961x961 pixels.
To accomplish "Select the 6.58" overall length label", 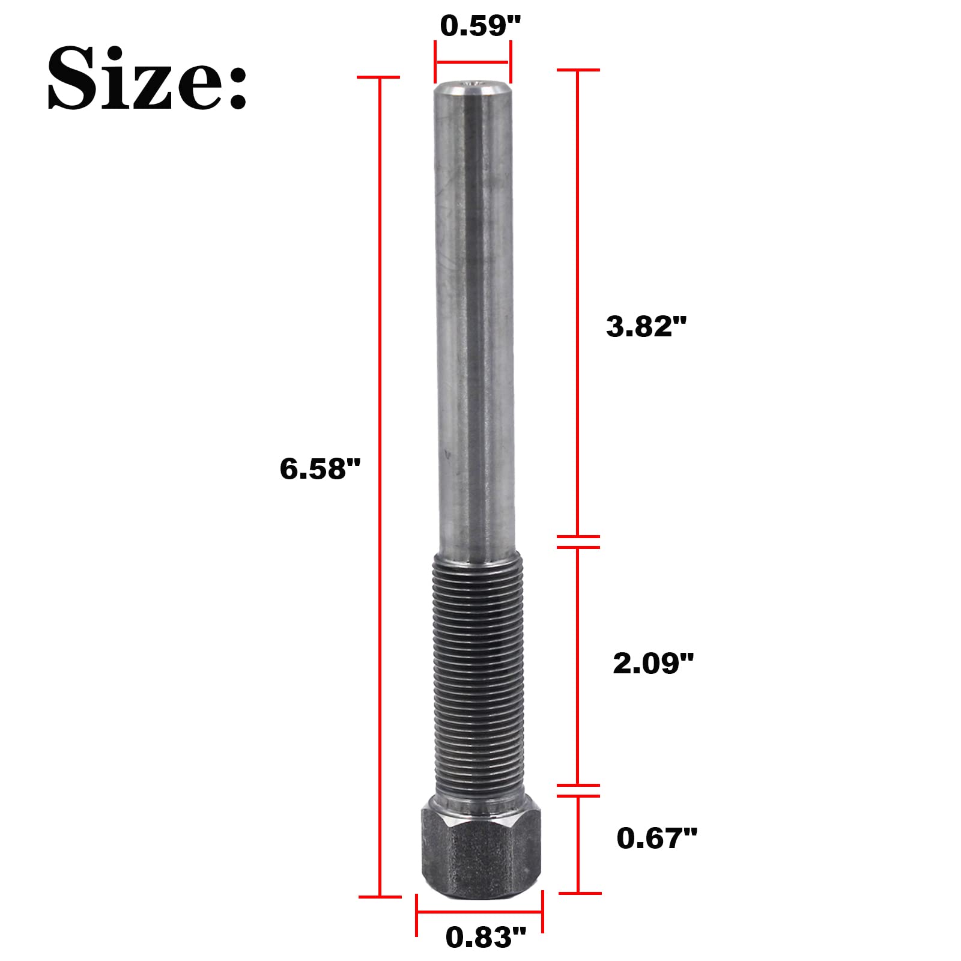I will pyautogui.click(x=320, y=468).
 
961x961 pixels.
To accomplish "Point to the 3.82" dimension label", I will pyautogui.click(x=646, y=327).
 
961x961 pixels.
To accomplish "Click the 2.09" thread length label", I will pyautogui.click(x=653, y=664).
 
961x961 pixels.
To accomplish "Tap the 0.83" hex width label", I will pyautogui.click(x=485, y=937).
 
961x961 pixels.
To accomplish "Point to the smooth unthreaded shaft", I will pyautogui.click(x=474, y=312).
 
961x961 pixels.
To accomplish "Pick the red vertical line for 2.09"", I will pyautogui.click(x=578, y=667).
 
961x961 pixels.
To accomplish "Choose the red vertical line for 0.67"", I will pyautogui.click(x=578, y=844).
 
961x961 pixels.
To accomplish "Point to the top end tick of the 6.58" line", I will pyautogui.click(x=379, y=77).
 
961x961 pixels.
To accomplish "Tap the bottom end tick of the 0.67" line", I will pyautogui.click(x=579, y=893).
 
